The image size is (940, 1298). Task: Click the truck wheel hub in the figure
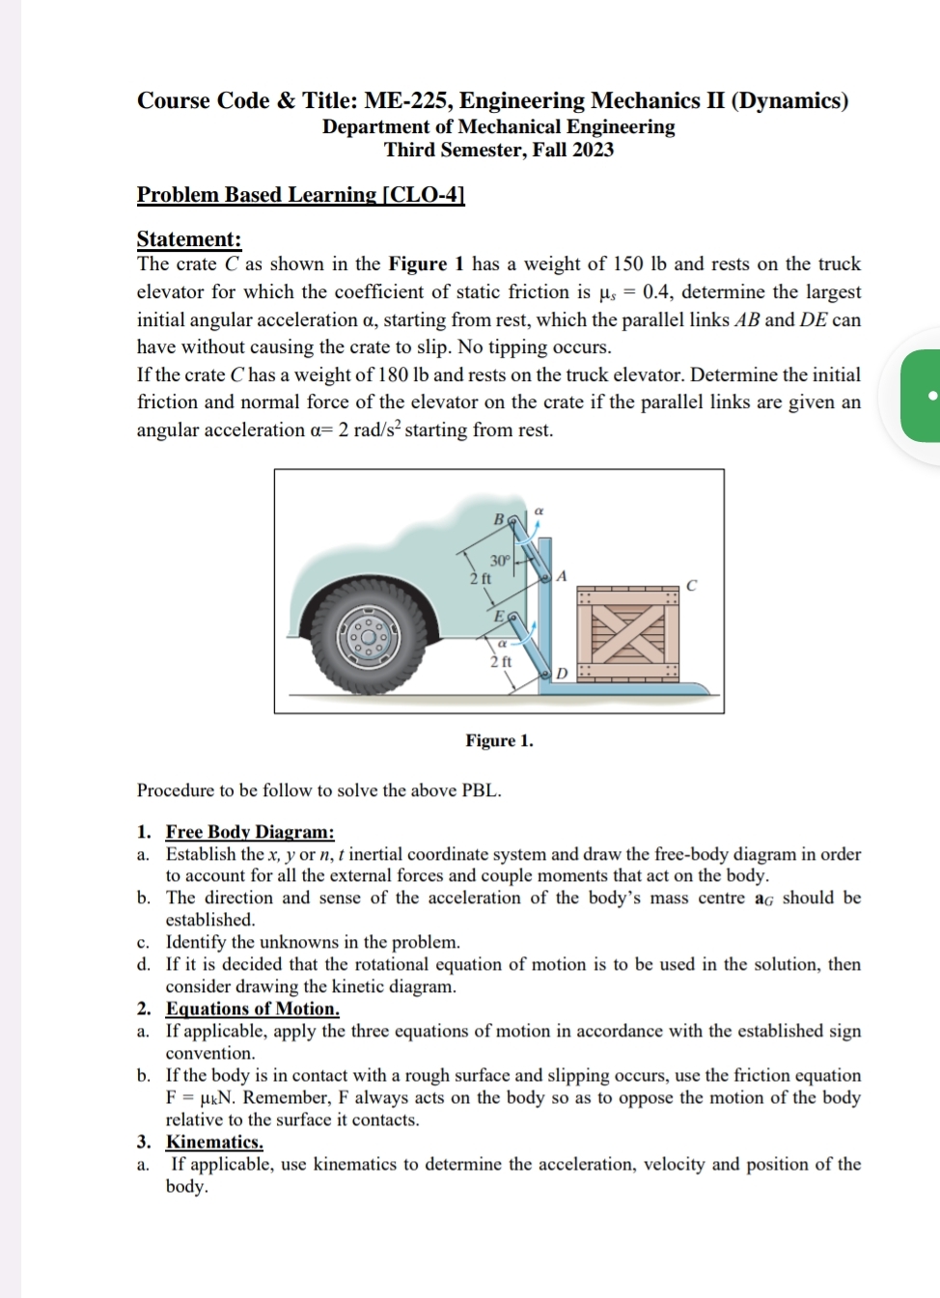coord(367,637)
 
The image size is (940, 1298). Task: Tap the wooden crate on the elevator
coord(628,633)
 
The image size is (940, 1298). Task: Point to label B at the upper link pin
coord(499,519)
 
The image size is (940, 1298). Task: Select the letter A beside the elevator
coord(562,576)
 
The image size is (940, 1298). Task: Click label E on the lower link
coord(499,616)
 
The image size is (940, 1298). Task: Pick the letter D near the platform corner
coord(562,673)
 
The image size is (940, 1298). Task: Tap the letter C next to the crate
coord(691,586)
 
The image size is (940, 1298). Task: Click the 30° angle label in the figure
coord(499,561)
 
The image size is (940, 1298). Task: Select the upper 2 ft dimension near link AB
coord(480,579)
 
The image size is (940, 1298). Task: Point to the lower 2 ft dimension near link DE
coord(500,662)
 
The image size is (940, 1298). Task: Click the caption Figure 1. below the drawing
coord(499,741)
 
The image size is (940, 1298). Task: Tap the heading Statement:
coord(189,239)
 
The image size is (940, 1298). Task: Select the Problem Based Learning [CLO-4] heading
coord(300,195)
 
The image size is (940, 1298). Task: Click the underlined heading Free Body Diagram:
coord(250,832)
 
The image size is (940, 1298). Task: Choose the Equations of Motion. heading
coord(253,1009)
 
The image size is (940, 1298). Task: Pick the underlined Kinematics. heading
coord(214,1143)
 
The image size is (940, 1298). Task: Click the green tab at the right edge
coord(922,396)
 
